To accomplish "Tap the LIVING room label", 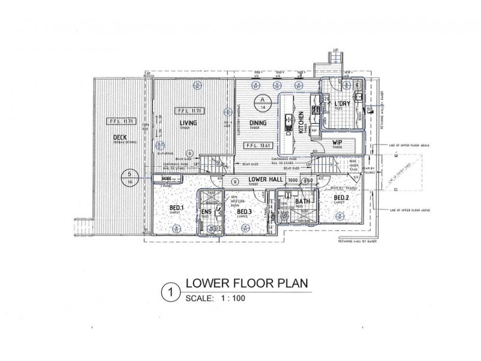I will [189, 123].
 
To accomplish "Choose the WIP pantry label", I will [337, 143].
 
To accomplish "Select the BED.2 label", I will [342, 198].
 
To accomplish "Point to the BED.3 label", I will [244, 212].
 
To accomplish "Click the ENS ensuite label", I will [206, 212].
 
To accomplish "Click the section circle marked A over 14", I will [262, 103].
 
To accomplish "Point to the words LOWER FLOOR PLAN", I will [247, 283].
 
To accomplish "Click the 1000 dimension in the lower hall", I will [293, 180].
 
